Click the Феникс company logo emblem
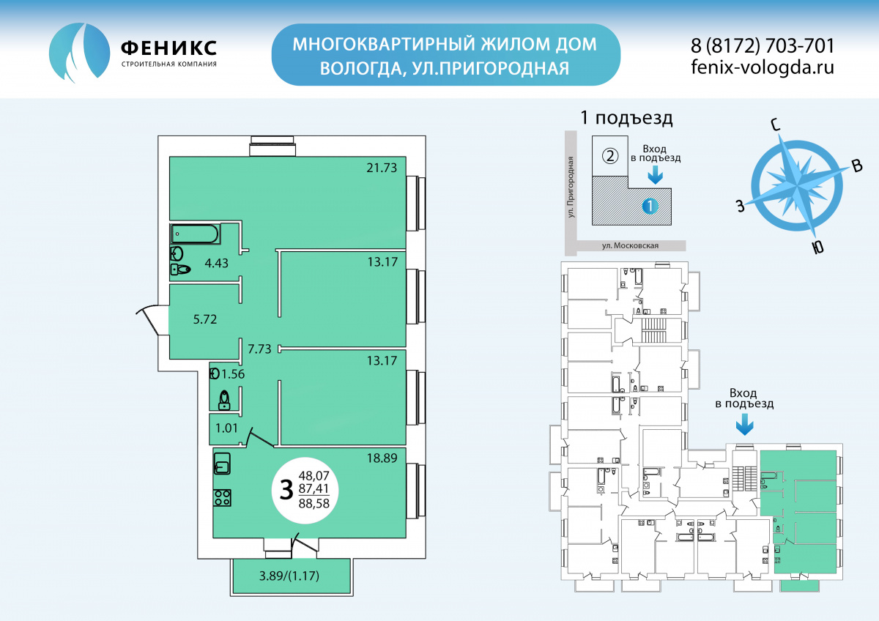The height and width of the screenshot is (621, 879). point(80,52)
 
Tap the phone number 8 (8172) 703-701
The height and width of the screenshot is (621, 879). point(763,46)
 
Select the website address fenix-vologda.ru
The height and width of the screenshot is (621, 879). point(763,67)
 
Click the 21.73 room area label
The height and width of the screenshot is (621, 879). point(382,168)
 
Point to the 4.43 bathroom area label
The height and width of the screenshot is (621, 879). point(216,263)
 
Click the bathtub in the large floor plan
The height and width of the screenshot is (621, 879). point(194,234)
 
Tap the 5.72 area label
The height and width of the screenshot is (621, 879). point(205,319)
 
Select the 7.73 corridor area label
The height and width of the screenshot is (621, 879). point(259,349)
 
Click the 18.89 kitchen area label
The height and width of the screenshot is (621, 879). point(382,458)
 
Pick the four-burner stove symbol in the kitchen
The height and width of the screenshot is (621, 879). point(222,498)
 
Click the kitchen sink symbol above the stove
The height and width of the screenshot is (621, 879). point(222,464)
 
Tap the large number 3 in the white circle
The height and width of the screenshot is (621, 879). point(286,490)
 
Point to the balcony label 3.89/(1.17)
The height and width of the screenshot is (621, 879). point(289,576)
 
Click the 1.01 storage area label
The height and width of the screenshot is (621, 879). point(226,428)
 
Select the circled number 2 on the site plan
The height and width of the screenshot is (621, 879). point(609,156)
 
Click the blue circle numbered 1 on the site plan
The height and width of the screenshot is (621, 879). point(650,206)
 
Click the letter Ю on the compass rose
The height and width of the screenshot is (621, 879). point(817,248)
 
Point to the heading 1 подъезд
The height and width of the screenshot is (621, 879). point(626,118)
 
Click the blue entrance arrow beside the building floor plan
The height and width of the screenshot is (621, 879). point(744,426)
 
